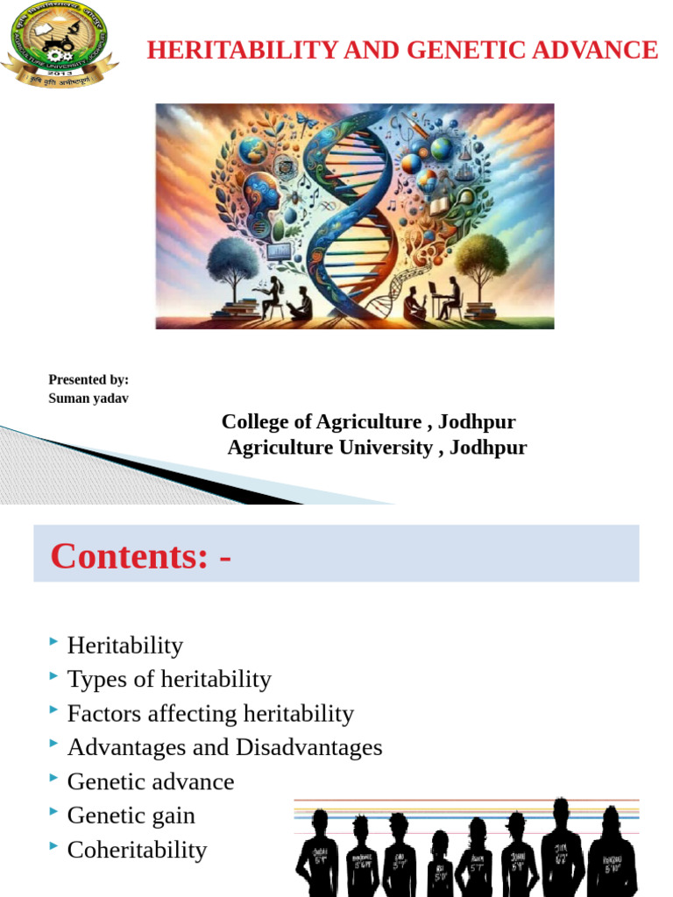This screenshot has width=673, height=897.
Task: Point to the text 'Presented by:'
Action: [x=89, y=379]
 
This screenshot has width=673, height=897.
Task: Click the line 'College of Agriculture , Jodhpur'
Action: [x=368, y=422]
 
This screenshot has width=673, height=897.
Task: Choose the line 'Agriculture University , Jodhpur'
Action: [x=377, y=448]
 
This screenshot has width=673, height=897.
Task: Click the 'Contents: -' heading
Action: [x=141, y=555]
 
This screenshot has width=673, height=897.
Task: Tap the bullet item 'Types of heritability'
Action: [x=169, y=679]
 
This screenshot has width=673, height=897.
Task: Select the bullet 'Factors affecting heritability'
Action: [x=210, y=713]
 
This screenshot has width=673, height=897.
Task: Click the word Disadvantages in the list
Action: [x=309, y=747]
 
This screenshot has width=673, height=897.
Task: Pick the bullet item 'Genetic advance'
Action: [x=151, y=781]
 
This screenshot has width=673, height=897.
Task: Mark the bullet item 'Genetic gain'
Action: [x=131, y=816]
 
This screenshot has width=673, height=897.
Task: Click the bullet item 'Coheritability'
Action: [x=137, y=850]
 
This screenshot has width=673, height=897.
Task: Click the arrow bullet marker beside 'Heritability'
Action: [x=54, y=644]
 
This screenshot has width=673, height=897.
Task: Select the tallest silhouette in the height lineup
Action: [x=561, y=845]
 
